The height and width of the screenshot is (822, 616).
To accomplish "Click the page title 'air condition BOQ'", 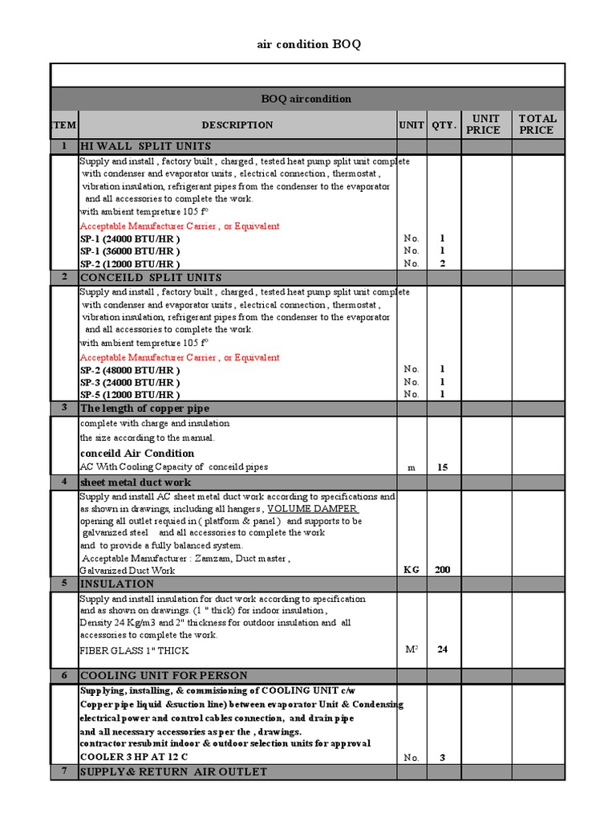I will coord(308,44).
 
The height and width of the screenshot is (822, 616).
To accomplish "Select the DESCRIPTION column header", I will coord(237,124).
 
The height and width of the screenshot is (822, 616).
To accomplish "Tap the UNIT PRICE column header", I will coord(485,124).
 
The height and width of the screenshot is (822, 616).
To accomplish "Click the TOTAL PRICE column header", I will coord(537,124).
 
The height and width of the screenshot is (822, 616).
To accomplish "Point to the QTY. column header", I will coord(444,124).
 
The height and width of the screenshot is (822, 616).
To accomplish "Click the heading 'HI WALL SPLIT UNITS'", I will coord(145,146).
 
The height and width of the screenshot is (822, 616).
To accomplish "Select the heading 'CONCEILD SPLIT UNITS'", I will coord(151,277).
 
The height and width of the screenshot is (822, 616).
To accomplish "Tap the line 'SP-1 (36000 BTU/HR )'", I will coord(129,251).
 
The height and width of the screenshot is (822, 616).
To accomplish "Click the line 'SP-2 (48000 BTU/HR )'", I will coord(129,370).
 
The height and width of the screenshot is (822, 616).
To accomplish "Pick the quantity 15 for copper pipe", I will coord(442,467).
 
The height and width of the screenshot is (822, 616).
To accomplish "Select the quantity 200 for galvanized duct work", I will coord(442,570).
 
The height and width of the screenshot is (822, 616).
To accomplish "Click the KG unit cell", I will coord(411,570).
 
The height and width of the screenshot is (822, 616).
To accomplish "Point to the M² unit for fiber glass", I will coord(411,649).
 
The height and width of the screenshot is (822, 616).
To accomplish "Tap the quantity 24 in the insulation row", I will coord(442,649).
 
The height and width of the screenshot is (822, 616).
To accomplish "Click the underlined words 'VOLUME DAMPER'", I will coord(313,509).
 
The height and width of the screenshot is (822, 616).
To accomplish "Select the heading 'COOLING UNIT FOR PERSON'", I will coord(164,675).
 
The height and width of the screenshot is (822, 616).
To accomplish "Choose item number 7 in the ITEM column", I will coord(64,771).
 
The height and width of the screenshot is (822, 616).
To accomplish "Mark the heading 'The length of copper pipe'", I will coord(144,409).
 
